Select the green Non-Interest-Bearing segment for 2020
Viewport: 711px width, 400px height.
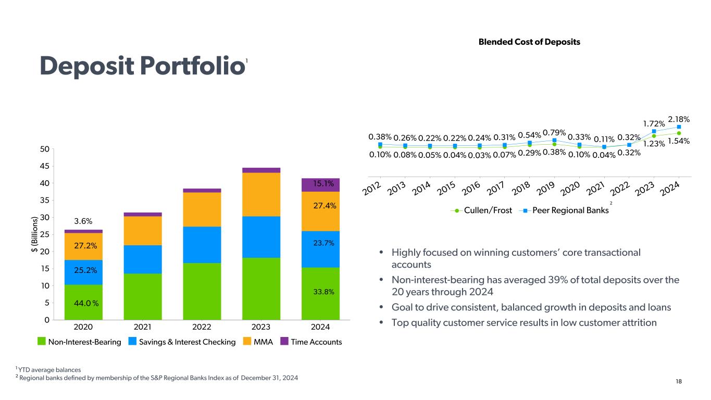coord(83,302)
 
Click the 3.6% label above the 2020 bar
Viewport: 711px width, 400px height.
coord(83,221)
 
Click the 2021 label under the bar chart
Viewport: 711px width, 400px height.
coord(142,327)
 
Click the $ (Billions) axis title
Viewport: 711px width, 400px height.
coord(35,234)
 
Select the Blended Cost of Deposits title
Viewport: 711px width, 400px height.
coord(529,42)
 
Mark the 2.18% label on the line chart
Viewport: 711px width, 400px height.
coord(679,120)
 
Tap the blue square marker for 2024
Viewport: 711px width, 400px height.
coord(679,127)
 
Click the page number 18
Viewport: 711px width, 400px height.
coord(679,382)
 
